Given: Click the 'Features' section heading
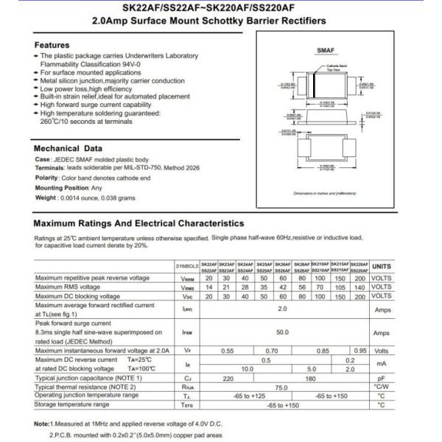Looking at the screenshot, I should (x=52, y=46).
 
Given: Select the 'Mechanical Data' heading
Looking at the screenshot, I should (x=67, y=149).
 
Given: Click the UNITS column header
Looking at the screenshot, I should (x=382, y=266).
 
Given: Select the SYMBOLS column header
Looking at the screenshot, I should (x=187, y=266).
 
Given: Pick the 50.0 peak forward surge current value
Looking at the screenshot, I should (x=282, y=333).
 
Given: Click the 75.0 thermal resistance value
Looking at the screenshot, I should (x=282, y=386).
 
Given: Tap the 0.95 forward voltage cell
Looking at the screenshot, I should (x=359, y=351).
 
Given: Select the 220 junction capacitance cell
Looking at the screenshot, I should (x=228, y=377).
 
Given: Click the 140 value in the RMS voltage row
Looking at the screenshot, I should (x=359, y=287).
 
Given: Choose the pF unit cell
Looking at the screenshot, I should (x=382, y=377).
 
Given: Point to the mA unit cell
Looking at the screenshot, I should (x=382, y=364).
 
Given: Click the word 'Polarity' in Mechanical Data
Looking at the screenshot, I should (x=46, y=178).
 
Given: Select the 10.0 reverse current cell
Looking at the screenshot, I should (x=248, y=368).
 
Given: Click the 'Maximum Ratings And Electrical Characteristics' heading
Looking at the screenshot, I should (x=139, y=222).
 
